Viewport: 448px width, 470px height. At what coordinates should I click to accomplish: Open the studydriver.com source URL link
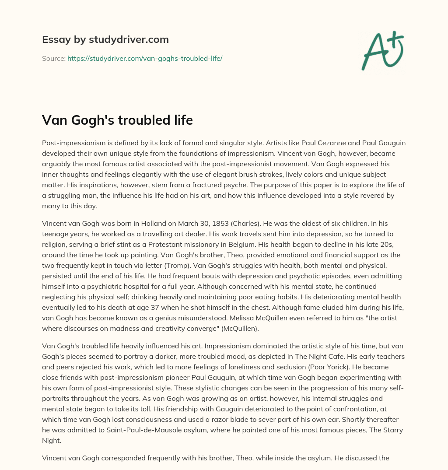(145, 58)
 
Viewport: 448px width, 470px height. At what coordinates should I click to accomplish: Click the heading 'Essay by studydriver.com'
(105, 39)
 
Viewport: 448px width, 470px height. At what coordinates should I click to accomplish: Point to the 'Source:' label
(53, 58)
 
